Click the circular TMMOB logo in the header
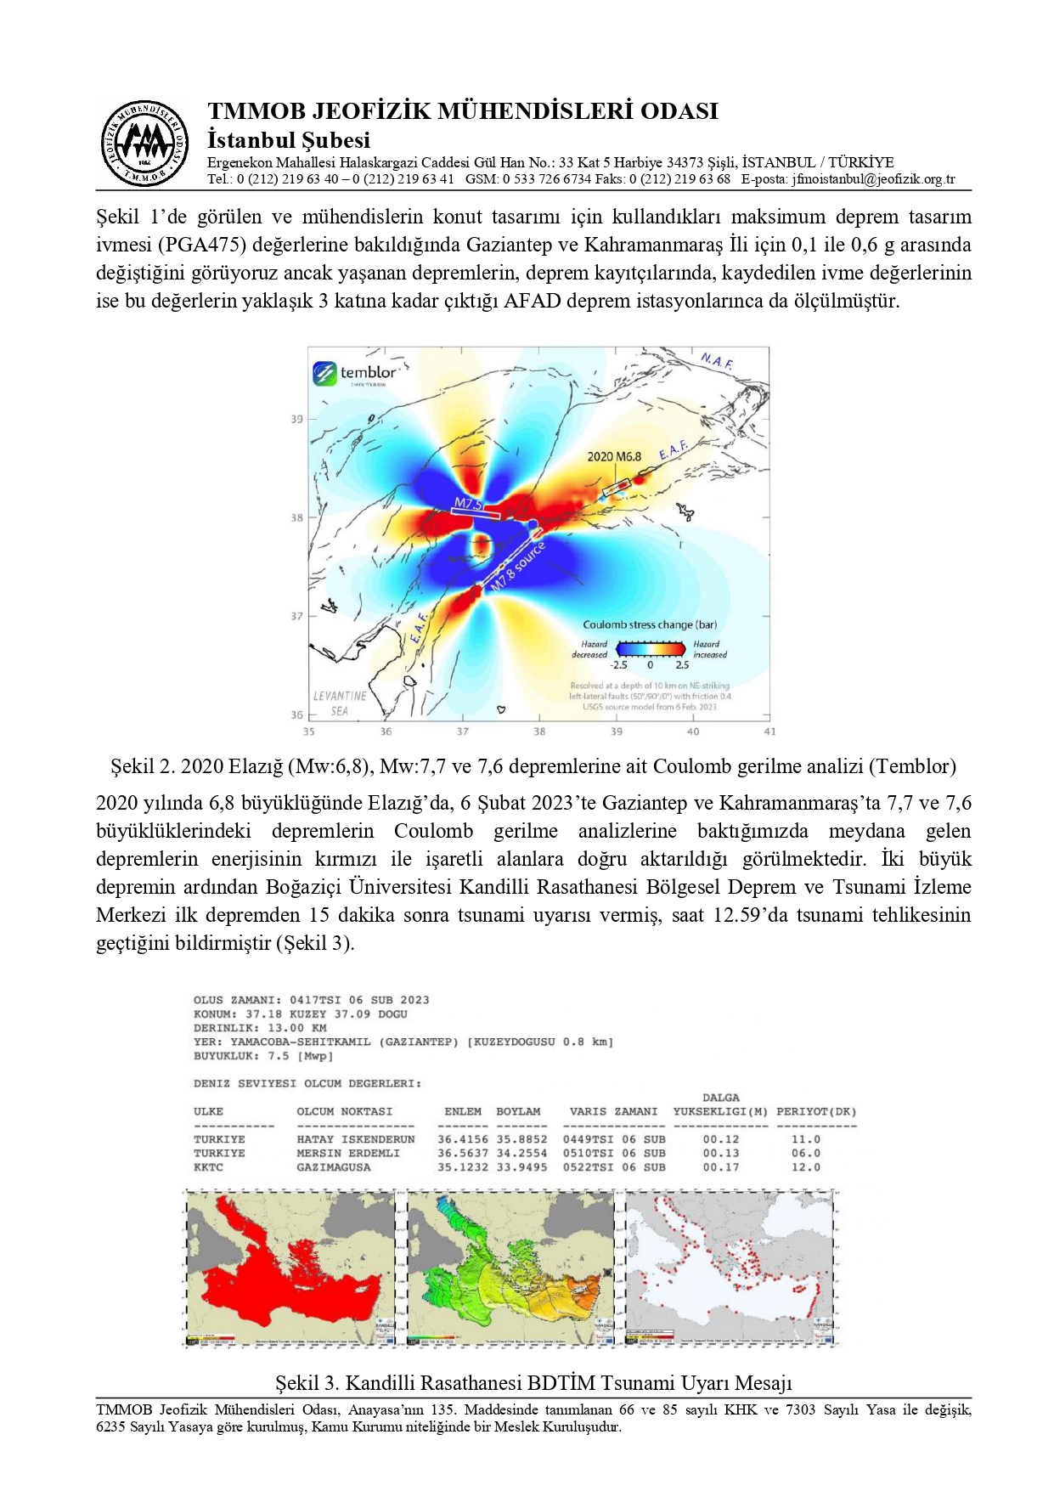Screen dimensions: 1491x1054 tap(144, 143)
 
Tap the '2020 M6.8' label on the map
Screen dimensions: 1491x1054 tap(613, 456)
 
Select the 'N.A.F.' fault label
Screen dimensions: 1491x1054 tap(717, 361)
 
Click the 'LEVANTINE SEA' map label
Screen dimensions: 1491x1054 tap(340, 703)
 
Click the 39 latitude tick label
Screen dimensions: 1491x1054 tap(296, 419)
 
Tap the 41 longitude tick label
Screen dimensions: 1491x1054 tap(769, 731)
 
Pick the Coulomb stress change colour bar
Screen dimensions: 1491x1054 tap(651, 650)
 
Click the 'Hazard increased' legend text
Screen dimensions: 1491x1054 tap(708, 649)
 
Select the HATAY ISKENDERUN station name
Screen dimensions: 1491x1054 tap(355, 1139)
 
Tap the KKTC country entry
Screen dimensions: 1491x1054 tap(208, 1167)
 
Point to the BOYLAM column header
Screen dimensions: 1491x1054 tap(518, 1111)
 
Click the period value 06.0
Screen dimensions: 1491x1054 tap(806, 1153)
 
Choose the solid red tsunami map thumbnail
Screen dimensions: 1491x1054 tap(290, 1268)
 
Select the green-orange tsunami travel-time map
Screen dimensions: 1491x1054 tap(510, 1268)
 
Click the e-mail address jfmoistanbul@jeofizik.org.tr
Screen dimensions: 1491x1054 tap(873, 179)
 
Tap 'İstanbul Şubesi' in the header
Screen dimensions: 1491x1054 tap(288, 140)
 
